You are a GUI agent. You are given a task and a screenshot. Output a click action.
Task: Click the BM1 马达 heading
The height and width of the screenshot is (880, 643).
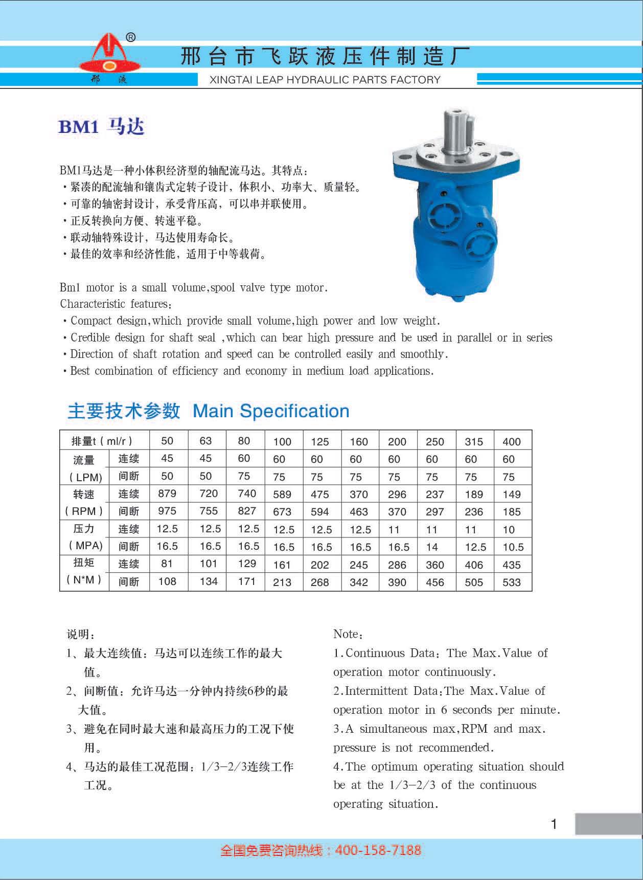(101, 126)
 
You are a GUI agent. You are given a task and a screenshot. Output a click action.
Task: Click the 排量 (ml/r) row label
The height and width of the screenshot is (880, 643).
(102, 441)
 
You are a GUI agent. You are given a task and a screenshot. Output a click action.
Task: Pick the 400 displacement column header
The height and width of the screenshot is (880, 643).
(511, 442)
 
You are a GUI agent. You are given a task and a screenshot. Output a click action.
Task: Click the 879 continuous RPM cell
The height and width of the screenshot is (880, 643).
(167, 493)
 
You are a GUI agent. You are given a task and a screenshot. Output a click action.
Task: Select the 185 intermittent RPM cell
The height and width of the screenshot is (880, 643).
(511, 511)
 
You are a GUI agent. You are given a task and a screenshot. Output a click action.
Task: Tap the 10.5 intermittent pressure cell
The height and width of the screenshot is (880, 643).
(513, 547)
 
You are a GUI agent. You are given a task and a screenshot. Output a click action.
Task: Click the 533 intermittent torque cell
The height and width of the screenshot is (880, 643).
(511, 582)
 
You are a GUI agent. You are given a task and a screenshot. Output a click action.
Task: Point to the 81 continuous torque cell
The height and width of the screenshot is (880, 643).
(167, 563)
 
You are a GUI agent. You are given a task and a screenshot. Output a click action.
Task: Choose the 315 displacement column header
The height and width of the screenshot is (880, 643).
(474, 442)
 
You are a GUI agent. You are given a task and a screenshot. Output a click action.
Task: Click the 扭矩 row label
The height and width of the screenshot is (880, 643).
(84, 563)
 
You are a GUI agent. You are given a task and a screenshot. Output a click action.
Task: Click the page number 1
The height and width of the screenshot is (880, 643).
(554, 824)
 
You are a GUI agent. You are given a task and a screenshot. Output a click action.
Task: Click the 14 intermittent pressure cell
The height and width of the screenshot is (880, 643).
(432, 547)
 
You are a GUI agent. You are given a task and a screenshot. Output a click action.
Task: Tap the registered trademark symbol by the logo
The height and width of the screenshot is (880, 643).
(130, 37)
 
